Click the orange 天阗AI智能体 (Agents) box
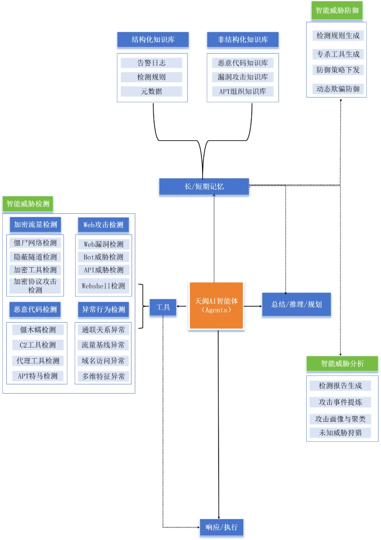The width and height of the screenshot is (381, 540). pyautogui.click(x=216, y=305)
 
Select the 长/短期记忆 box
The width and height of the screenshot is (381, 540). pyautogui.click(x=204, y=186)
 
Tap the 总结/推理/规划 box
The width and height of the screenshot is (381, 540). pyautogui.click(x=296, y=304)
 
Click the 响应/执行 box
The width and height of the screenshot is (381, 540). pyautogui.click(x=222, y=527)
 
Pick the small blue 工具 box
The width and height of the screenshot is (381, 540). pyautogui.click(x=163, y=307)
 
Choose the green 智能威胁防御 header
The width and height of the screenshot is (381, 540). pyautogui.click(x=337, y=11)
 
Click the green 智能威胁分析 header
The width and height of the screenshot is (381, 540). pyautogui.click(x=342, y=363)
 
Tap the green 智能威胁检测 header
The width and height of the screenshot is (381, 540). pyautogui.click(x=28, y=204)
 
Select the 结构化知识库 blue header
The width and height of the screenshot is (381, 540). pyautogui.click(x=153, y=40)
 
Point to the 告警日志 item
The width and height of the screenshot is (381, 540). pyautogui.click(x=151, y=63)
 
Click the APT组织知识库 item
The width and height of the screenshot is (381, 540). pyautogui.click(x=243, y=91)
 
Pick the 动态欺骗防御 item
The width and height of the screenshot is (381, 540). pyautogui.click(x=338, y=89)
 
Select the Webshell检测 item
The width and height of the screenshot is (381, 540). pyautogui.click(x=103, y=286)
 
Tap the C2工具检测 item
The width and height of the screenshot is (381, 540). pyautogui.click(x=38, y=345)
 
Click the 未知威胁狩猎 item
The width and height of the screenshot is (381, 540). pyautogui.click(x=340, y=433)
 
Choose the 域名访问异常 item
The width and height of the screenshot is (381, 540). pyautogui.click(x=103, y=361)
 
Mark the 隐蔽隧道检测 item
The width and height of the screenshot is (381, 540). pyautogui.click(x=35, y=257)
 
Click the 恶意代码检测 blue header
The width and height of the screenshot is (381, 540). pyautogui.click(x=35, y=309)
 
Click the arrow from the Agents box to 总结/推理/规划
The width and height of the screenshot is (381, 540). pyautogui.click(x=253, y=306)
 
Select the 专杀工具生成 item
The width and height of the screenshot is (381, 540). pyautogui.click(x=338, y=54)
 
